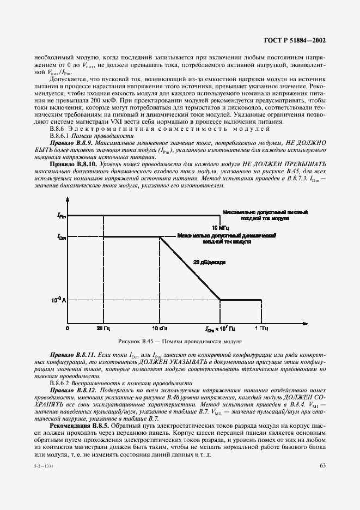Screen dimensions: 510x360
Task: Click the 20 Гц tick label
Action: [x=103, y=329]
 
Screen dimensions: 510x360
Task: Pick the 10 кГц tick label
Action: [x=160, y=329]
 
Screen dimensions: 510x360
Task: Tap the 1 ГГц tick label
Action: [x=261, y=329]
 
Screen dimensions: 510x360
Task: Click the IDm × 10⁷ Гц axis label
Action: [x=220, y=330]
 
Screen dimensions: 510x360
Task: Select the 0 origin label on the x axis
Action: [x=68, y=329]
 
